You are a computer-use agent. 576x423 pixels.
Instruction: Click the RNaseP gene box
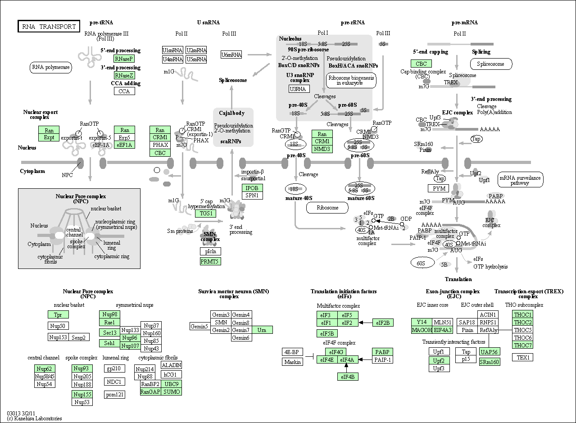pyautogui.click(x=124, y=59)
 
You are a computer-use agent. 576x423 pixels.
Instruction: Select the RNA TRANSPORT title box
pyautogui.click(x=49, y=26)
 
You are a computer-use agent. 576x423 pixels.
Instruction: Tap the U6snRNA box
pyautogui.click(x=231, y=55)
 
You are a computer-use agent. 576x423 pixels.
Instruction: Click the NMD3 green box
pyautogui.click(x=322, y=149)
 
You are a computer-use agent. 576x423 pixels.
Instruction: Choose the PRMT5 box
pyautogui.click(x=210, y=262)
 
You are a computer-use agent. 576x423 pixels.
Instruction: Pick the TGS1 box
pyautogui.click(x=205, y=214)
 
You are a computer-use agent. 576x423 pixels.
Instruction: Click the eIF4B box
pyautogui.click(x=348, y=377)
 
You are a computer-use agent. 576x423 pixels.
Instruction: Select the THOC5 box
pyautogui.click(x=522, y=330)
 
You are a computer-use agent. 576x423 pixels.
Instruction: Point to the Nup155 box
pyautogui.click(x=82, y=394)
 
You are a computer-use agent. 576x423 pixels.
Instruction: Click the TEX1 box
pyautogui.click(x=522, y=357)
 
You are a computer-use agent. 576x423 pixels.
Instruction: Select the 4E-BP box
pyautogui.click(x=292, y=352)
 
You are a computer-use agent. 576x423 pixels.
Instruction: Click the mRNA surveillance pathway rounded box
pyautogui.click(x=521, y=180)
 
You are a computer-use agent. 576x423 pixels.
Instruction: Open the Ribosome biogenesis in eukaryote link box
pyautogui.click(x=351, y=81)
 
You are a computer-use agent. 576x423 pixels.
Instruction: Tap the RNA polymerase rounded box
pyautogui.click(x=51, y=68)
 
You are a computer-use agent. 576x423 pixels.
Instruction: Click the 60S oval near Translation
pyautogui.click(x=422, y=263)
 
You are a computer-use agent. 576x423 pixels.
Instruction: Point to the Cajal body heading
pyautogui.click(x=231, y=113)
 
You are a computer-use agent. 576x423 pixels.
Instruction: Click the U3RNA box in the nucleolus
pyautogui.click(x=299, y=89)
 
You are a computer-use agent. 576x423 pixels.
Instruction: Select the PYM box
pyautogui.click(x=439, y=188)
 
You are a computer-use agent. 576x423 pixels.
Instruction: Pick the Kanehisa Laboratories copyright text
pyautogui.click(x=35, y=418)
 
